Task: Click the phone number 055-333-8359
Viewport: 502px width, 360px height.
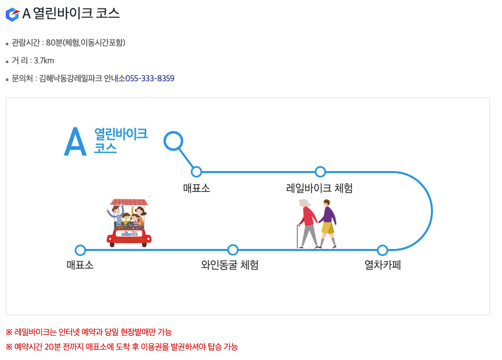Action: (150, 78)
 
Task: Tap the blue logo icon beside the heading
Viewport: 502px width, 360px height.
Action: (12, 14)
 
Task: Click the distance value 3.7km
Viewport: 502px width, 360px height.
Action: (44, 61)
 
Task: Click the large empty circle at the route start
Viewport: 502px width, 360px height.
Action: (173, 141)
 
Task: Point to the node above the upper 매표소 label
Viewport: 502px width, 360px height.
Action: (196, 172)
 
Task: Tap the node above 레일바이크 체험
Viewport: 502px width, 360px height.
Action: (320, 172)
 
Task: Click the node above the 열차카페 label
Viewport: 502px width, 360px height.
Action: (383, 250)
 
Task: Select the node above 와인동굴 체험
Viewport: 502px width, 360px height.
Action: (233, 250)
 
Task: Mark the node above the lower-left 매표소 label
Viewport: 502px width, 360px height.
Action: (81, 250)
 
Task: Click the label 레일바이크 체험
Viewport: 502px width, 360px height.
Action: (319, 188)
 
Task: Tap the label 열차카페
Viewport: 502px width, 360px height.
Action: (383, 265)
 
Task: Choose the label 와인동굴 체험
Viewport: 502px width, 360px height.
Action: (230, 265)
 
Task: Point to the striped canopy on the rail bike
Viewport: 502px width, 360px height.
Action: (129, 202)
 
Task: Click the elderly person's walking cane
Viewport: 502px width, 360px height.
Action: (298, 236)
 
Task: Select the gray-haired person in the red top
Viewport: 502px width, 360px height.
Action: (308, 221)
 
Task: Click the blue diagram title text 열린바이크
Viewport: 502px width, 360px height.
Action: (121, 134)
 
